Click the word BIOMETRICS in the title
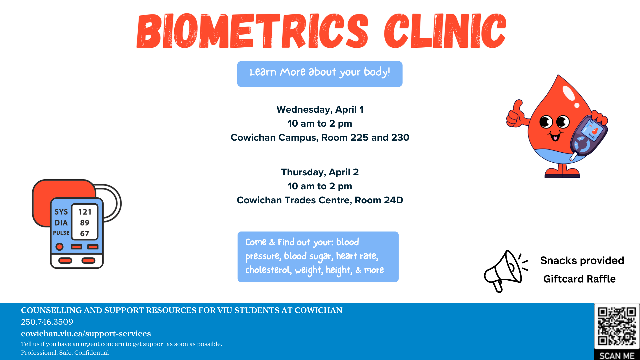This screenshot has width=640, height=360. pyautogui.click(x=252, y=31)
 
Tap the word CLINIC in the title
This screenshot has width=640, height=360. pyautogui.click(x=445, y=31)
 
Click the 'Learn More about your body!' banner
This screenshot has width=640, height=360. pyautogui.click(x=320, y=74)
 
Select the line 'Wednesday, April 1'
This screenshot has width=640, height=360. pyautogui.click(x=320, y=110)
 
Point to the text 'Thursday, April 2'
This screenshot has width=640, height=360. pyautogui.click(x=320, y=172)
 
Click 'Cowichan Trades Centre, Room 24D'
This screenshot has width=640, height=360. pyautogui.click(x=320, y=200)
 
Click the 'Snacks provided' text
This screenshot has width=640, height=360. pyautogui.click(x=582, y=260)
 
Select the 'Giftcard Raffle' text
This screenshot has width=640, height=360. pyautogui.click(x=579, y=279)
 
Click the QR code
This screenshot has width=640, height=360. pyautogui.click(x=617, y=326)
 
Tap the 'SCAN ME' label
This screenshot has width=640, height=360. pyautogui.click(x=617, y=356)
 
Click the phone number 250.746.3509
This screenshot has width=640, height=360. pyautogui.click(x=47, y=322)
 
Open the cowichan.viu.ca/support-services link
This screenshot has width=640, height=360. pyautogui.click(x=86, y=334)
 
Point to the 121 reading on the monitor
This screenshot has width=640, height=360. pyautogui.click(x=85, y=212)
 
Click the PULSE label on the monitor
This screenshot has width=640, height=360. pyautogui.click(x=61, y=233)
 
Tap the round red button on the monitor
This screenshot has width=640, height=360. pyautogui.click(x=60, y=247)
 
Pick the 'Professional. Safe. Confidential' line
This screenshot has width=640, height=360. pyautogui.click(x=65, y=353)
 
